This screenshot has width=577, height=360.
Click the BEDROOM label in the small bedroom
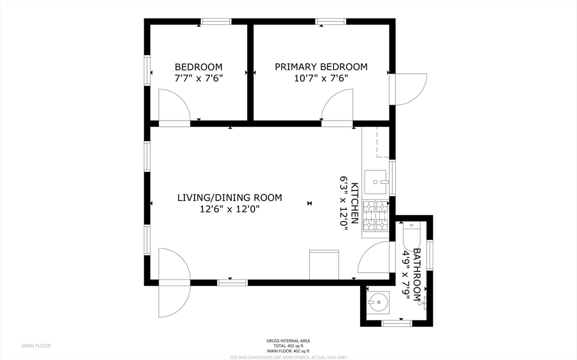coord(198,66)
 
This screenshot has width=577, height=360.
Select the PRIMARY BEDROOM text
coord(321,66)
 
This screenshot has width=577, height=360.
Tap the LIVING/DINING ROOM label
coord(229,198)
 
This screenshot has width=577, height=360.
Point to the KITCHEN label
coord(355,203)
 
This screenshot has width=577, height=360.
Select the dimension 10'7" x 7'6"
coord(321,78)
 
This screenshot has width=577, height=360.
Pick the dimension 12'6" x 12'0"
coord(229,209)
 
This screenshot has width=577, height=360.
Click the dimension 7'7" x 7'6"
coord(198,78)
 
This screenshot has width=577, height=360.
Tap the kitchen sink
coord(376,181)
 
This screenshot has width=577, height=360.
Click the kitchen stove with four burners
coord(376,216)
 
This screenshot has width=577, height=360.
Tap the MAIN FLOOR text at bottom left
coord(36,345)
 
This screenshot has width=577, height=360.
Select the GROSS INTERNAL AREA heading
coord(288,340)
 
